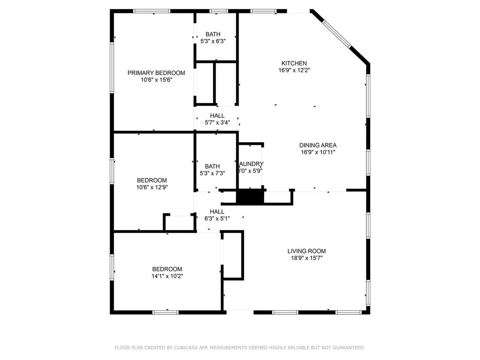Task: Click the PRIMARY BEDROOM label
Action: (x=156, y=73)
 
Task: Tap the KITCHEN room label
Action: (x=294, y=63)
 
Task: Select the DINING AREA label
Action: (x=318, y=145)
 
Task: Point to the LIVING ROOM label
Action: (x=307, y=251)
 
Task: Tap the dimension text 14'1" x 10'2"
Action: (x=167, y=276)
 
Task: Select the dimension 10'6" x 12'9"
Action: (x=152, y=187)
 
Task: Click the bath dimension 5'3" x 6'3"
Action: (x=213, y=41)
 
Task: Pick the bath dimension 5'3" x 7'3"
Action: (x=213, y=173)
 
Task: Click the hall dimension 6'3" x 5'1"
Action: (x=217, y=219)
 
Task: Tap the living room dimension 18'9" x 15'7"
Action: (x=307, y=258)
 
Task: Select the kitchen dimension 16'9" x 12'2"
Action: (x=294, y=70)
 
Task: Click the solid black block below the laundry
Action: (x=250, y=197)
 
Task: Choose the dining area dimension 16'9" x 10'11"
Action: (x=318, y=152)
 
